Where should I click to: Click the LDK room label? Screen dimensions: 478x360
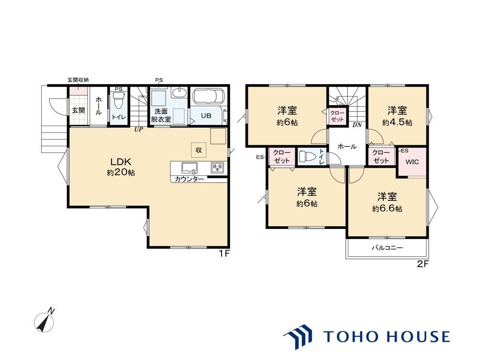[121, 162]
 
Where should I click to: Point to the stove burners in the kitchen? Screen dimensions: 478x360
[217, 167]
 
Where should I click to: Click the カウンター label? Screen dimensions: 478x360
[189, 179]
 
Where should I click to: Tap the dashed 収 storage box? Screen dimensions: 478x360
[199, 150]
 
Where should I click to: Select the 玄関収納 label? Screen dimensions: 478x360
[78, 80]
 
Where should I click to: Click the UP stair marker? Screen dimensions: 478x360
[139, 130]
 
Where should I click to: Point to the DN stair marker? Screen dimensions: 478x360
[357, 125]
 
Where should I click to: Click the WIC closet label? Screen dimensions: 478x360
[412, 162]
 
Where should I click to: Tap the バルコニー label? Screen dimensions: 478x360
[387, 248]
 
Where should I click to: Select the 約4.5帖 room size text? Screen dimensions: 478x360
[397, 122]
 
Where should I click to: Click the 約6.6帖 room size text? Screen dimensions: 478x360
[387, 208]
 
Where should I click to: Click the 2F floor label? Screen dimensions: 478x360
[422, 264]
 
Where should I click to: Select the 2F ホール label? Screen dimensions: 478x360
[347, 146]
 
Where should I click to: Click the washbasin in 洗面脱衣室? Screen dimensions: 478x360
[179, 93]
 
